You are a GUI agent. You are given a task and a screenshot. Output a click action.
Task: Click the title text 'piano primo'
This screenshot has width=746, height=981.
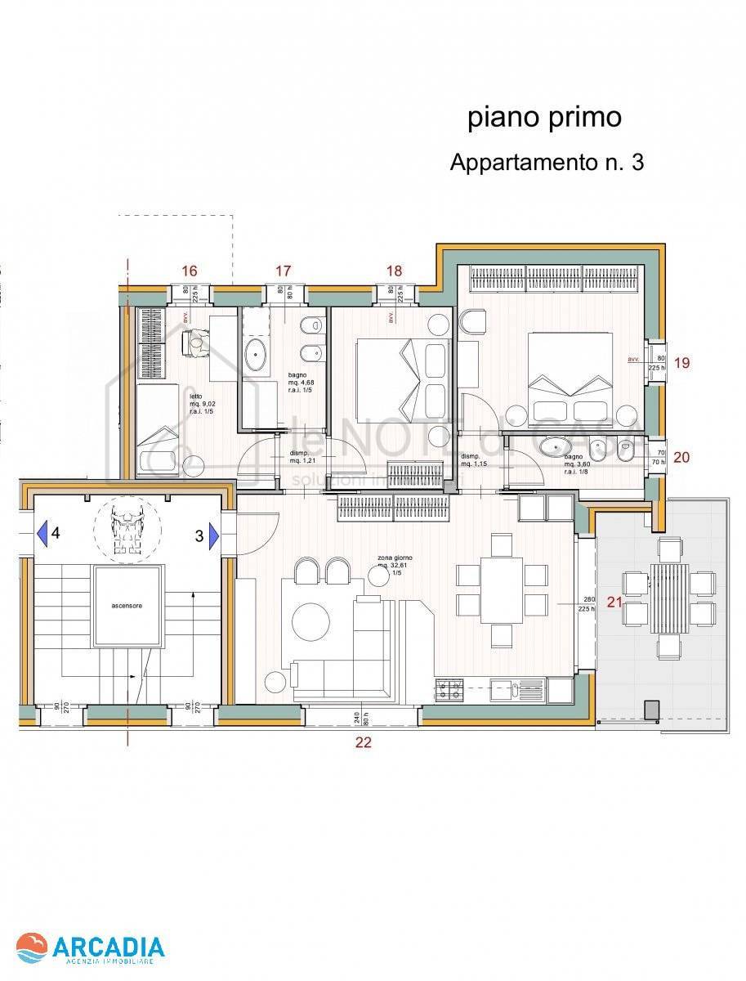pos(544,118)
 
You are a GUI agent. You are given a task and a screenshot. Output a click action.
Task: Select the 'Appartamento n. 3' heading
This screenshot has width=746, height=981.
pos(547,163)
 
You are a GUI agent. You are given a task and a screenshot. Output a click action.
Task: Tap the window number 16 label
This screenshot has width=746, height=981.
pos(190,271)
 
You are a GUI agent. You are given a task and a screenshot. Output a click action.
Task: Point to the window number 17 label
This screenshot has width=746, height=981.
pos(283,271)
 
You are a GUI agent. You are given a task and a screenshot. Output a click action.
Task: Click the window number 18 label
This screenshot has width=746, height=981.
pos(394,271)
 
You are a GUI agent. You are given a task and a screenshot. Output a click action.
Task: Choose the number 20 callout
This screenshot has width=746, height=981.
pos(681,457)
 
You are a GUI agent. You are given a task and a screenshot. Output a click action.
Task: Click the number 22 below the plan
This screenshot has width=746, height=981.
pos(364,742)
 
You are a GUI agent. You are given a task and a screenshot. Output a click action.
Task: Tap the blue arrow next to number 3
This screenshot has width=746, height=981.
pos(213,535)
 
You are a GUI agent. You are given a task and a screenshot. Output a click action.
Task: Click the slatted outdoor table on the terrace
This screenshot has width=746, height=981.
pos(669,598)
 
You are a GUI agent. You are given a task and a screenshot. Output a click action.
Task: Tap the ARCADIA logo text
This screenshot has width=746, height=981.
pos(109,947)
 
